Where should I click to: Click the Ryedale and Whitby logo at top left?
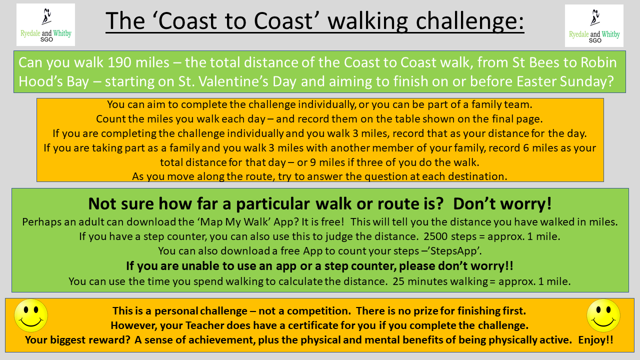pyautogui.click(x=45, y=24)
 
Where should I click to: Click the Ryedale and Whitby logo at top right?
pyautogui.click(x=594, y=25)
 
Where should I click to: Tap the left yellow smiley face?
pyautogui.click(x=31, y=315)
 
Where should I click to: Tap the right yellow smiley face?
pyautogui.click(x=603, y=315)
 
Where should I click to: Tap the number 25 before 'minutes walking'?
pyautogui.click(x=398, y=281)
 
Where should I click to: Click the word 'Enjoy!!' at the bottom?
pyautogui.click(x=595, y=340)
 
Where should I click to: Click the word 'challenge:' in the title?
pyautogui.click(x=469, y=21)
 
